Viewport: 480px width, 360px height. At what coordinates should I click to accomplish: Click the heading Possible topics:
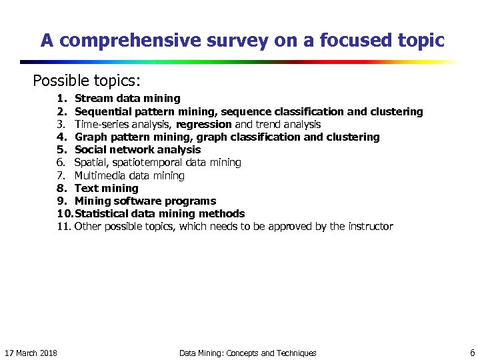(x=87, y=81)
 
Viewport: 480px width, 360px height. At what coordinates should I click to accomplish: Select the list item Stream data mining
(x=127, y=99)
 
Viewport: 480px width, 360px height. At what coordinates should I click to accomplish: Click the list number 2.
(x=61, y=111)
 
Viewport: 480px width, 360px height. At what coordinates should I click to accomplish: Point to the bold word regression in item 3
(x=204, y=124)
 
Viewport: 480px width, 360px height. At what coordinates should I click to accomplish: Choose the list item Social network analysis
(x=137, y=149)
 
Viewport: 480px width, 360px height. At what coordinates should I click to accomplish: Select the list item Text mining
(x=106, y=188)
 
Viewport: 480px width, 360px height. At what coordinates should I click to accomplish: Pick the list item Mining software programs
(x=145, y=201)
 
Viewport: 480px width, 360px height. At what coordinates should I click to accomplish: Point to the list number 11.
(x=63, y=226)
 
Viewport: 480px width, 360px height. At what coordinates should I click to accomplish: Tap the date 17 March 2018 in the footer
(x=31, y=353)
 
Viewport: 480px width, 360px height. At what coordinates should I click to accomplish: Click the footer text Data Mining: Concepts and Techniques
(x=247, y=353)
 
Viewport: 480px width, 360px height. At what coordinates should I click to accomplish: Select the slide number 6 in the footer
(x=472, y=352)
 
